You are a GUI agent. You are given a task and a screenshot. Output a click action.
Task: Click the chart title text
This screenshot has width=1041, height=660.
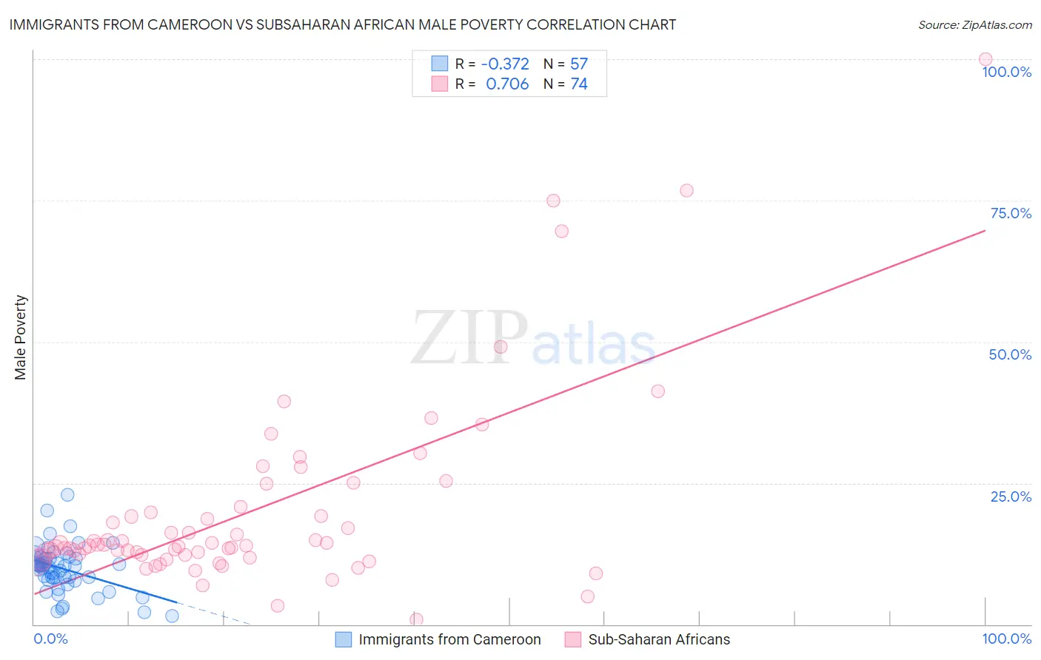(x=342, y=24)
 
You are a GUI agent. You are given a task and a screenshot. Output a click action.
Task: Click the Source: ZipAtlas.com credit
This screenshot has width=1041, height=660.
(x=974, y=24)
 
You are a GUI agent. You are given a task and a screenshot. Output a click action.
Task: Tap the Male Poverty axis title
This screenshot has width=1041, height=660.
(x=21, y=337)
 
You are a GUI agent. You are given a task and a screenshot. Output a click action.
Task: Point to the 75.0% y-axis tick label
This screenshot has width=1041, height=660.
(x=1010, y=213)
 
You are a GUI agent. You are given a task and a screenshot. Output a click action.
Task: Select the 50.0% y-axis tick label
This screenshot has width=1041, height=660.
(x=1010, y=354)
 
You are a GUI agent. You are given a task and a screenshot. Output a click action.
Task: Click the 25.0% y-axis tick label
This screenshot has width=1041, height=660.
(x=1011, y=496)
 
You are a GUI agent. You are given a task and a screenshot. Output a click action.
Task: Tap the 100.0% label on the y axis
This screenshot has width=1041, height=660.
(x=1006, y=72)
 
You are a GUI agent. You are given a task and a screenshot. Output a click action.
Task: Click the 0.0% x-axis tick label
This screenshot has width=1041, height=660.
(x=50, y=639)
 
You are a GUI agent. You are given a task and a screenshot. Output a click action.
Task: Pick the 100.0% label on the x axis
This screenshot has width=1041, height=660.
(x=1006, y=639)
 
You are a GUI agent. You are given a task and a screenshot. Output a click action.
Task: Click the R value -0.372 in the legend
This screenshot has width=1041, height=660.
(x=505, y=64)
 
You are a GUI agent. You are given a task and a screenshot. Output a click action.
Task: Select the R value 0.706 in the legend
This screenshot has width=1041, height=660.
(x=507, y=84)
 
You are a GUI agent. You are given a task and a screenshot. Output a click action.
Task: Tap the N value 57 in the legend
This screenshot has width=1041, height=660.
(x=579, y=64)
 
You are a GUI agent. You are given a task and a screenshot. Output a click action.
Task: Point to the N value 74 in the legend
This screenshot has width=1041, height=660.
(x=579, y=84)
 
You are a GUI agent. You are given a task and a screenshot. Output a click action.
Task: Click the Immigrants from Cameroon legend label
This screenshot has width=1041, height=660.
(x=449, y=639)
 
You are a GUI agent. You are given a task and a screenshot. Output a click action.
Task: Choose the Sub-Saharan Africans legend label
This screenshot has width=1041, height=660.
(x=659, y=639)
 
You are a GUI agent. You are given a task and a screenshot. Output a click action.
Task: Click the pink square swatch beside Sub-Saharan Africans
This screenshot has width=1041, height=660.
(x=572, y=639)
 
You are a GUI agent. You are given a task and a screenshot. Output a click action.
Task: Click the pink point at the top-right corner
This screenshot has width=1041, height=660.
(x=985, y=59)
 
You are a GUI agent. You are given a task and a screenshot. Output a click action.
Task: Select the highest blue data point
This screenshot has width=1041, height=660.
(x=67, y=495)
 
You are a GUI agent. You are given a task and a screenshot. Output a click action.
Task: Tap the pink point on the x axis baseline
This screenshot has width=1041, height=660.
(x=416, y=619)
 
